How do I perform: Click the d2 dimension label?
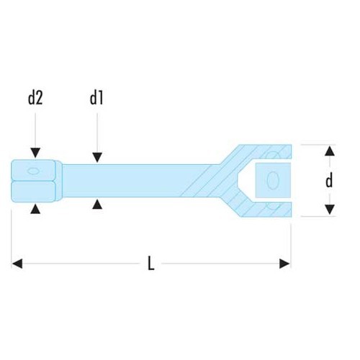35,98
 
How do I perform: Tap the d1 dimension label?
96,98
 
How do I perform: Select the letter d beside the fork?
329,181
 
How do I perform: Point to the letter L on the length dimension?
150,264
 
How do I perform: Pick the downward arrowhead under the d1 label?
96,156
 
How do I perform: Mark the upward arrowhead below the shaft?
96,205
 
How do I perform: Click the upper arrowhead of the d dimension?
329,150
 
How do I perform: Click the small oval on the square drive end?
33,171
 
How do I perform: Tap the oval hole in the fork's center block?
273,179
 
